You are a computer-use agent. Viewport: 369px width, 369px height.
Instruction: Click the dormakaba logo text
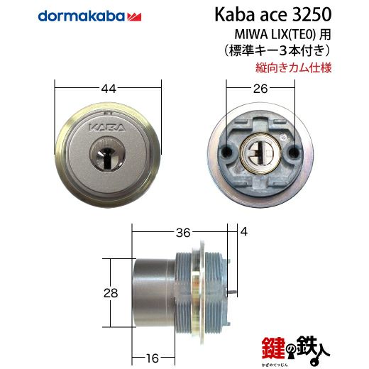[81, 16]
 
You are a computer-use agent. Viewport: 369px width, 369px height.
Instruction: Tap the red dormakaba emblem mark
[134, 17]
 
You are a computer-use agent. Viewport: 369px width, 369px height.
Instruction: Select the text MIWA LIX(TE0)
[275, 35]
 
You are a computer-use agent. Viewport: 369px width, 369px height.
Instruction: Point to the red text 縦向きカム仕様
[293, 67]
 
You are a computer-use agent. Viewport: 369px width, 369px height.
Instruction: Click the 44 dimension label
[109, 89]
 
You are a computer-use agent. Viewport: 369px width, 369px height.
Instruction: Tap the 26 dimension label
[260, 89]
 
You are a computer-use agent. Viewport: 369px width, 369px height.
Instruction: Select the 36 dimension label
[183, 233]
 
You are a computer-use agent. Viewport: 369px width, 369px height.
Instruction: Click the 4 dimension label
[244, 231]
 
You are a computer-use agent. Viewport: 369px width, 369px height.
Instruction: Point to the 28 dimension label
[111, 293]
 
